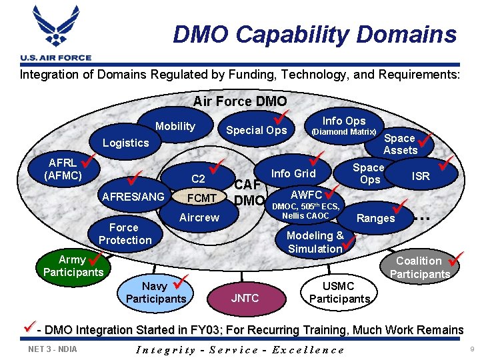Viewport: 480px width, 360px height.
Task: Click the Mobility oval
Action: coord(175,126)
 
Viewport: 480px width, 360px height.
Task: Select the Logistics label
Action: coord(125,143)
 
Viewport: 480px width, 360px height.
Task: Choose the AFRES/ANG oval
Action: coord(132,196)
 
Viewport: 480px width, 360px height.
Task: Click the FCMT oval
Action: coord(201,198)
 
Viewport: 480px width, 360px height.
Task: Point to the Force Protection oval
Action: coord(125,234)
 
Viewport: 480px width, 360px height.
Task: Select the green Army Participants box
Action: coord(72,265)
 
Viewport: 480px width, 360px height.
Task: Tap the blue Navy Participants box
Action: coord(155,292)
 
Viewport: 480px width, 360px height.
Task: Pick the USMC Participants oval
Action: coord(339,292)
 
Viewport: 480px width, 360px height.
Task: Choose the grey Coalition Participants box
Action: coord(419,267)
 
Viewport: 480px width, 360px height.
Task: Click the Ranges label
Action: coord(375,218)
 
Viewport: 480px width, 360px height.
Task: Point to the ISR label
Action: coord(421,176)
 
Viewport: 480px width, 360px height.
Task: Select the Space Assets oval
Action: coord(400,144)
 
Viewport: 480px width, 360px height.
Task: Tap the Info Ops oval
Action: coord(344,125)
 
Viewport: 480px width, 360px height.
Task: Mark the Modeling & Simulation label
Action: coord(315,241)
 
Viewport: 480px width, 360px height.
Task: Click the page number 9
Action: coord(470,349)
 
